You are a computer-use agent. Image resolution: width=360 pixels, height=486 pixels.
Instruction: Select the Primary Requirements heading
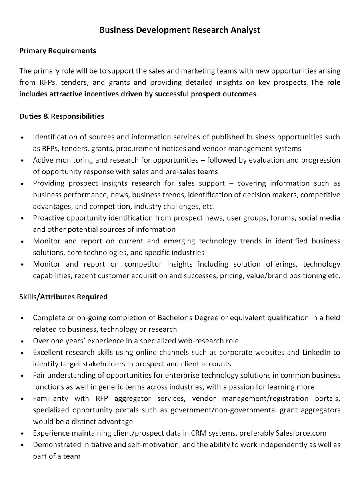pyautogui.click(x=58, y=51)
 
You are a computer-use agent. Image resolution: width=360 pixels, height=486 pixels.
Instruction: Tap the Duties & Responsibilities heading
pyautogui.click(x=62, y=116)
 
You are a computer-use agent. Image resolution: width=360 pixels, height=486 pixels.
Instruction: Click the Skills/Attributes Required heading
pyautogui.click(x=63, y=297)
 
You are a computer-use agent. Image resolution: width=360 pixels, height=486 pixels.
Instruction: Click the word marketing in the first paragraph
pyautogui.click(x=198, y=71)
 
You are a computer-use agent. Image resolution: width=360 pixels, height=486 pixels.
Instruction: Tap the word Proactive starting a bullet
pyautogui.click(x=49, y=218)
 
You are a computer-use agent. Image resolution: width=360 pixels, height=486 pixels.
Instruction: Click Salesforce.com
pyautogui.click(x=301, y=433)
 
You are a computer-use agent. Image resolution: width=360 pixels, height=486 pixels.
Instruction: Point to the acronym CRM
pyautogui.click(x=198, y=433)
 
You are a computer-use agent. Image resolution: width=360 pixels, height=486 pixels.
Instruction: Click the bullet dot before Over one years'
pyautogui.click(x=22, y=341)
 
